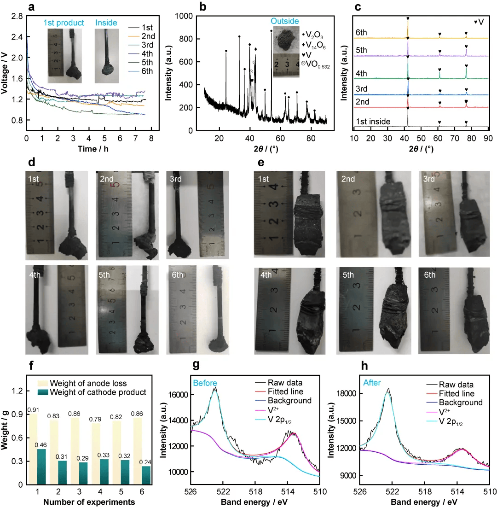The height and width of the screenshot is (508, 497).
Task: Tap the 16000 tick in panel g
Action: pyautogui.click(x=178, y=395)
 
